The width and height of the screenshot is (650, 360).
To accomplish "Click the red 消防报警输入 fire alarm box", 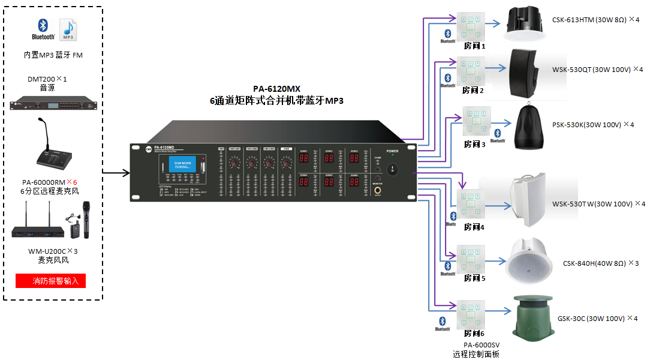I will coord(51,280).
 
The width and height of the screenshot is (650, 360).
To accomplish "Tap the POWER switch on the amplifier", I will coord(392,169).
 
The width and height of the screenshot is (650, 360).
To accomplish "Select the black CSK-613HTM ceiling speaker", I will coord(524,23).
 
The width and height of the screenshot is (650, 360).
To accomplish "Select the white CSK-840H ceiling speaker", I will coord(528,261).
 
